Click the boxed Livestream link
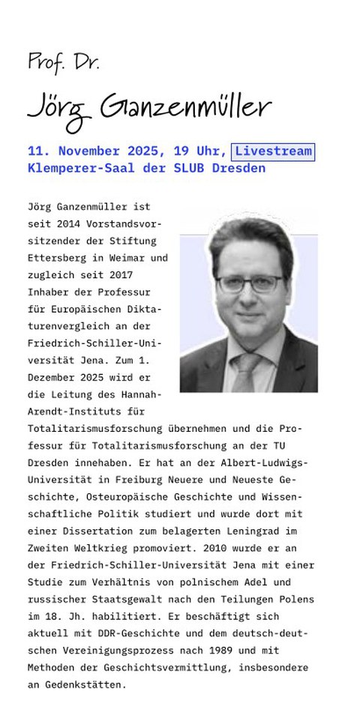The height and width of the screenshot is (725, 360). pos(273,151)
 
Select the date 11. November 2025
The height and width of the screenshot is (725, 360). pos(97,151)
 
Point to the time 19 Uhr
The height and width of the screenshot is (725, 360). pos(200,151)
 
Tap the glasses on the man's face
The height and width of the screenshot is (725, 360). pos(245,283)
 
